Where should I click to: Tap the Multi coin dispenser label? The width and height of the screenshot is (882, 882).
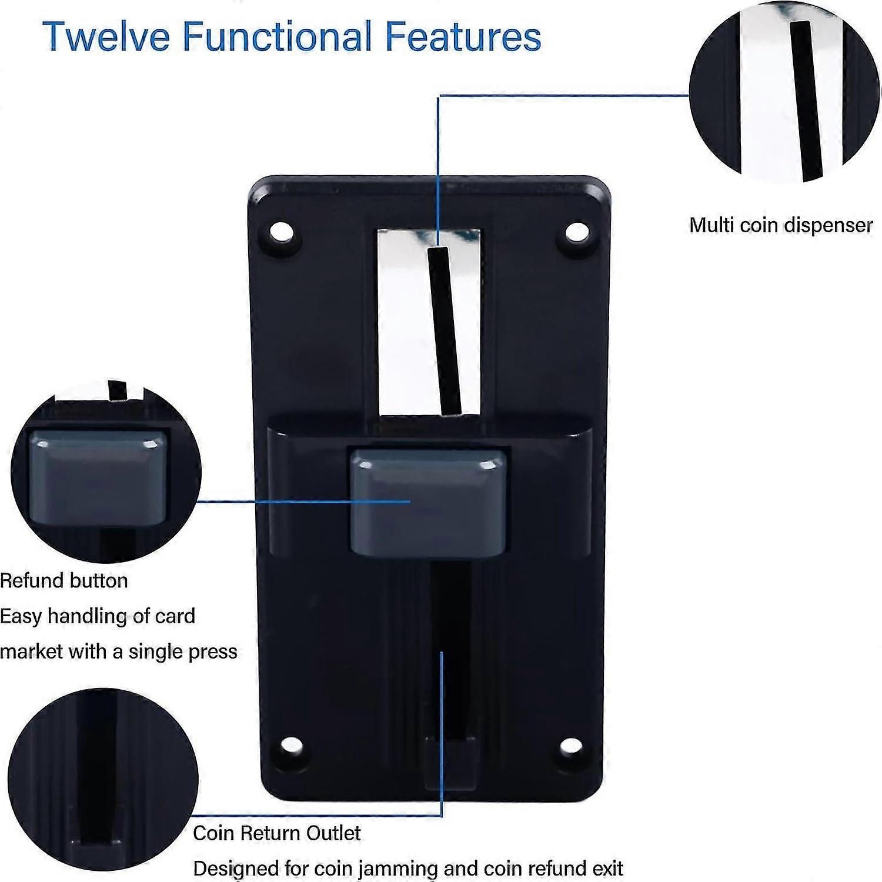click(781, 225)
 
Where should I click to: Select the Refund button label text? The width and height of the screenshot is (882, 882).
click(64, 581)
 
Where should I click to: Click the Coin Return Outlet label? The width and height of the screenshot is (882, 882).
click(276, 833)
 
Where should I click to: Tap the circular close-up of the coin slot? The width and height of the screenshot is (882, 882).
click(785, 94)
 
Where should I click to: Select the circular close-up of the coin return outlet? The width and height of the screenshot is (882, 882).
click(103, 782)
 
